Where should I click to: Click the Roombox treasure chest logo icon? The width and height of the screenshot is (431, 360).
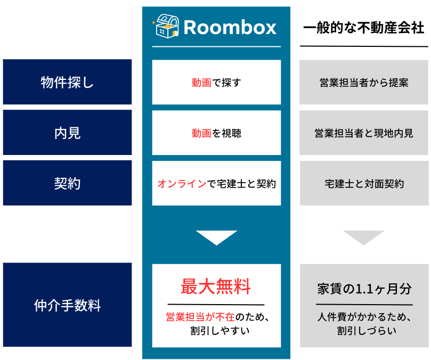click(x=166, y=26)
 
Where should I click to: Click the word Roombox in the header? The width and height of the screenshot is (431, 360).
click(x=230, y=28)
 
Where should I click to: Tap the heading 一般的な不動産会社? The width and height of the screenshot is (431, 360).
click(x=364, y=28)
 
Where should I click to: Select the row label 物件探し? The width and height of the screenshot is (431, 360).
click(x=67, y=82)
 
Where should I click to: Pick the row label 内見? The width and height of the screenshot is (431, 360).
click(x=67, y=133)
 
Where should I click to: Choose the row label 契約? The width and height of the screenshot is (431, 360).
click(x=67, y=183)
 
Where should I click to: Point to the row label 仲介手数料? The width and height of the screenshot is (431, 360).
click(x=67, y=305)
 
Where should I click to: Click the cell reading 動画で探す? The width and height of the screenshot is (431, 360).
click(x=216, y=83)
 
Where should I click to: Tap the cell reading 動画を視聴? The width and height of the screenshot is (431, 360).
click(x=216, y=133)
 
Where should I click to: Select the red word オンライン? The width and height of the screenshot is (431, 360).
click(x=182, y=184)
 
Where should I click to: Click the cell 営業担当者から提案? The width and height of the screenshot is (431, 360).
click(x=364, y=83)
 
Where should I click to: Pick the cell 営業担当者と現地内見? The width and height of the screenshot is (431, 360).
click(x=364, y=133)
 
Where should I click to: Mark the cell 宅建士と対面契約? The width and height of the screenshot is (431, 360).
click(x=364, y=184)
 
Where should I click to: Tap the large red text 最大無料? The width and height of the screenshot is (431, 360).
click(x=216, y=287)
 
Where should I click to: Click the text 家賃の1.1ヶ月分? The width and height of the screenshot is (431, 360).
click(x=364, y=289)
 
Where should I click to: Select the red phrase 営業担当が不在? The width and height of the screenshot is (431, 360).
click(x=200, y=317)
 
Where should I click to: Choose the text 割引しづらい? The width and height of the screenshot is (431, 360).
click(x=367, y=331)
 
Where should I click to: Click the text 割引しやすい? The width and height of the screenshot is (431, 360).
click(x=220, y=331)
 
